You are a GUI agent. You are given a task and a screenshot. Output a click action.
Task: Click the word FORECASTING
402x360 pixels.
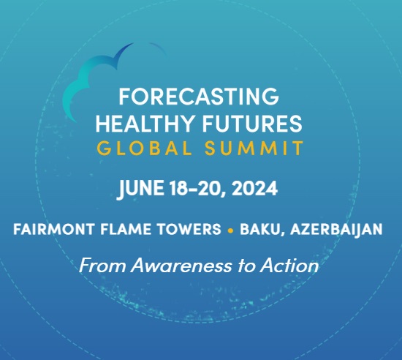click(199, 97)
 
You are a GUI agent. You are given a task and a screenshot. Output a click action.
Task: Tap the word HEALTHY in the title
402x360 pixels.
click(144, 124)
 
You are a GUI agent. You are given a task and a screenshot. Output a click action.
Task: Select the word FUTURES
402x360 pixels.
click(253, 124)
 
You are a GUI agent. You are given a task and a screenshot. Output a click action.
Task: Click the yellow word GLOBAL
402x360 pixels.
click(144, 148)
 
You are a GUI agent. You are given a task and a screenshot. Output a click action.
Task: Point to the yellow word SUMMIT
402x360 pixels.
click(254, 148)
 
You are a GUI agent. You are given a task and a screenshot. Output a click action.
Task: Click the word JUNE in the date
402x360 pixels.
click(141, 189)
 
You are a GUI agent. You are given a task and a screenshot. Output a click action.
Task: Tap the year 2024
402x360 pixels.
click(254, 188)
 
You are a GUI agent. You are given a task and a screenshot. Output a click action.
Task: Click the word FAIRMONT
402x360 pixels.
click(53, 229)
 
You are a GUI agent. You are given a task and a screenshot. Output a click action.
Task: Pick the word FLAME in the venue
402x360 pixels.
click(126, 229)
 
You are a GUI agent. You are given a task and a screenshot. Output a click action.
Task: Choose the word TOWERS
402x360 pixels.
click(189, 229)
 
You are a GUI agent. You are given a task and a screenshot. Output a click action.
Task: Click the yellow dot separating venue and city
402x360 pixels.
click(230, 230)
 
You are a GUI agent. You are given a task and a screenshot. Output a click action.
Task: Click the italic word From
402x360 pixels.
click(102, 266)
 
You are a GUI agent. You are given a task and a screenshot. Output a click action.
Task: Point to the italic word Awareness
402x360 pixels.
click(181, 266)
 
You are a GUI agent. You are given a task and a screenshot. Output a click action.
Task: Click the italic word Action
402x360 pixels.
click(289, 266)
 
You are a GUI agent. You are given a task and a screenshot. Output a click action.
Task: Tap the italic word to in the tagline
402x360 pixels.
click(246, 266)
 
